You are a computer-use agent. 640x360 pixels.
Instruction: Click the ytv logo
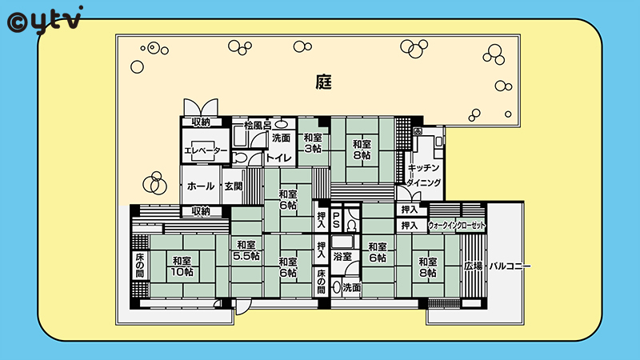point(45,21)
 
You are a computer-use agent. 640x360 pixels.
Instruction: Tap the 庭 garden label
point(324,82)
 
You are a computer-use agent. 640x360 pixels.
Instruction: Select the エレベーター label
point(206,150)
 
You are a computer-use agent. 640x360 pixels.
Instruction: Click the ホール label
point(201,186)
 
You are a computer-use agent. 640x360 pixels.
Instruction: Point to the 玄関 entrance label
point(234,186)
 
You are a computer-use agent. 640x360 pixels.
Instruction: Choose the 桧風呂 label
point(258,126)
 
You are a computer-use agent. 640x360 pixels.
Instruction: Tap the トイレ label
point(279,158)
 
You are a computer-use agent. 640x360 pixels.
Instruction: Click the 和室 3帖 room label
point(313,143)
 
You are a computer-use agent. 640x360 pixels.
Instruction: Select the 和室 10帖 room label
point(182,266)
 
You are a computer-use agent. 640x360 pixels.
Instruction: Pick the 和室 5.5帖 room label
point(246,250)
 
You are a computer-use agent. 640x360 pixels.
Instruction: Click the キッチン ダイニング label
point(424,174)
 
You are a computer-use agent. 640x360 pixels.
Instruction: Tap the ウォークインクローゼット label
point(457,226)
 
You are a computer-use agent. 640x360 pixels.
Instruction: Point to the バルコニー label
point(510,266)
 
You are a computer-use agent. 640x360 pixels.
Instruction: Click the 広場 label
point(474,266)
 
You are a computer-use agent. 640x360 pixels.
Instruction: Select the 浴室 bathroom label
point(342,256)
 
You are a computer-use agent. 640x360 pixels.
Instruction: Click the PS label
point(336,219)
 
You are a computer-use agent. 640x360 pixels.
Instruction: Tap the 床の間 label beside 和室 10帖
point(139,266)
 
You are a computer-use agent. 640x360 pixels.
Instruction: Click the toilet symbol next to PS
point(352,225)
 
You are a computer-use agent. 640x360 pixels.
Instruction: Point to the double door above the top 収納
point(201,107)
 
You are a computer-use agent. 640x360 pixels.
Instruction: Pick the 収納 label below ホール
point(201,211)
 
